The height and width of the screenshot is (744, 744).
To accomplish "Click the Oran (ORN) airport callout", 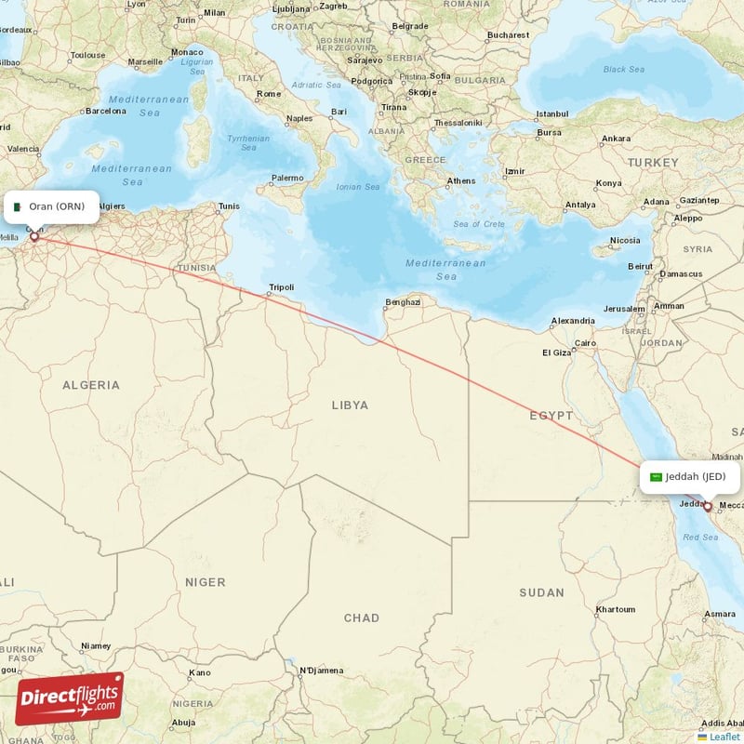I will pyautogui.click(x=51, y=206).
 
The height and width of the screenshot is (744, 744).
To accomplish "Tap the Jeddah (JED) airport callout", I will pyautogui.click(x=690, y=477).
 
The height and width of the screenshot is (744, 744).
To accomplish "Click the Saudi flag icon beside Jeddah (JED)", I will pyautogui.click(x=656, y=477).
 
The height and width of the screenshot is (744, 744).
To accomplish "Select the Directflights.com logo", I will pyautogui.click(x=70, y=698).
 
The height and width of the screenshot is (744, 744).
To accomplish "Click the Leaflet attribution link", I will pyautogui.click(x=724, y=737).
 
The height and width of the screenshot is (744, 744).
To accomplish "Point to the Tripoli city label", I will pyautogui.click(x=281, y=287).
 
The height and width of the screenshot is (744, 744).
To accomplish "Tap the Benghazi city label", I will pyautogui.click(x=404, y=301).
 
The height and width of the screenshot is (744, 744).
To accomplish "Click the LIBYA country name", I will pyautogui.click(x=350, y=405).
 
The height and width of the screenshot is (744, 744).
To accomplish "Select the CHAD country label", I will pyautogui.click(x=361, y=618).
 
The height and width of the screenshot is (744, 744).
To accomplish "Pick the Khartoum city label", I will pyautogui.click(x=615, y=609).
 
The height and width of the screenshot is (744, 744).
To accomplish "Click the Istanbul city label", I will pyautogui.click(x=551, y=114).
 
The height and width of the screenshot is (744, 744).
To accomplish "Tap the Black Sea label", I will pyautogui.click(x=623, y=69).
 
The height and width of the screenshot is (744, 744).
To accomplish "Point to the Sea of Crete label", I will pyautogui.click(x=479, y=224).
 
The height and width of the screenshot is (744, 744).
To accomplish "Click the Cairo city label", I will pyautogui.click(x=585, y=343).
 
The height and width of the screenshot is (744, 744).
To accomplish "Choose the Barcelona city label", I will pyautogui.click(x=104, y=111).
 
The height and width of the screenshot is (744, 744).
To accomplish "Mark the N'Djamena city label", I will pyautogui.click(x=321, y=670).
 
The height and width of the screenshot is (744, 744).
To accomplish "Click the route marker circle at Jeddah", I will pyautogui.click(x=707, y=507).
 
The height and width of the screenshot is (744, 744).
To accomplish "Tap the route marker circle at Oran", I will pyautogui.click(x=34, y=237).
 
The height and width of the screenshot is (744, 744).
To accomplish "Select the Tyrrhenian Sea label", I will pyautogui.click(x=248, y=142).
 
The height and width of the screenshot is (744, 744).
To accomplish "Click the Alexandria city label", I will pyautogui.click(x=573, y=321).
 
